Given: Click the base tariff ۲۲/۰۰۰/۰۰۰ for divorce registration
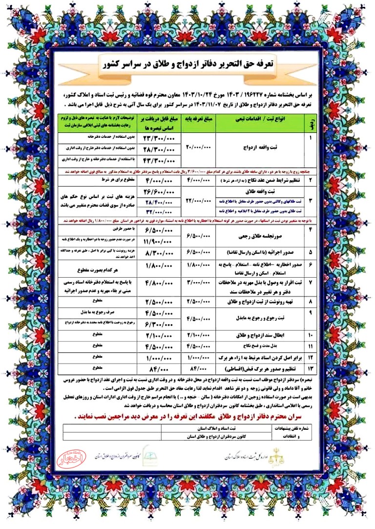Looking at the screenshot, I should point(196,200).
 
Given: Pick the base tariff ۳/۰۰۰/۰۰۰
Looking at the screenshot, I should point(196,284).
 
